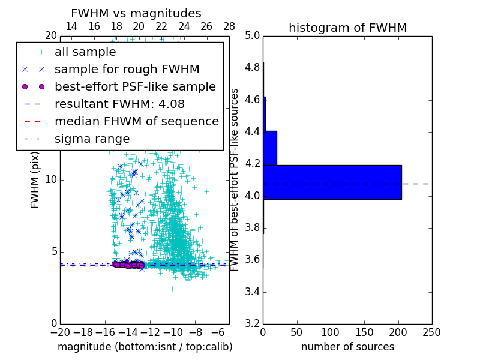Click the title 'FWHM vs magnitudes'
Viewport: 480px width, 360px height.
coord(136,13)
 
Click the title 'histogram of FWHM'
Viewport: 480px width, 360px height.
coord(347,28)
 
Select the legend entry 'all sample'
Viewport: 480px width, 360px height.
coord(85,52)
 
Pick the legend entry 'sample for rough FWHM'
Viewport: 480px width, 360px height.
coord(127,70)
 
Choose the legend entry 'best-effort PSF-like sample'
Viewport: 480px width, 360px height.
coord(135,87)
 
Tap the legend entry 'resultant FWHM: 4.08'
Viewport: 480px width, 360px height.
coord(119,104)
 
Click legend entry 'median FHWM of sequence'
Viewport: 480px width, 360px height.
coord(136,122)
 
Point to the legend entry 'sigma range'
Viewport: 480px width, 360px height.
coord(92,139)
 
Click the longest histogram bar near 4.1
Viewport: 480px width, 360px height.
coord(332,182)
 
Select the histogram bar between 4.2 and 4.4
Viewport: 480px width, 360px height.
coord(270,148)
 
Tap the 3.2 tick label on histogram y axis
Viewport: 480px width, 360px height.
coord(252,324)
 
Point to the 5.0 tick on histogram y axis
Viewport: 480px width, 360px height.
coord(252,36)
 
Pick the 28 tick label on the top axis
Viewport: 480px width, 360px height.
coord(229,27)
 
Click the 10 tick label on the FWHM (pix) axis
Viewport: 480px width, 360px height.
coord(51,180)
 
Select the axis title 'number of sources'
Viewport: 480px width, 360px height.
coord(347,347)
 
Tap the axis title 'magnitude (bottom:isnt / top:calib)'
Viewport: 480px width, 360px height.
coord(145,347)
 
